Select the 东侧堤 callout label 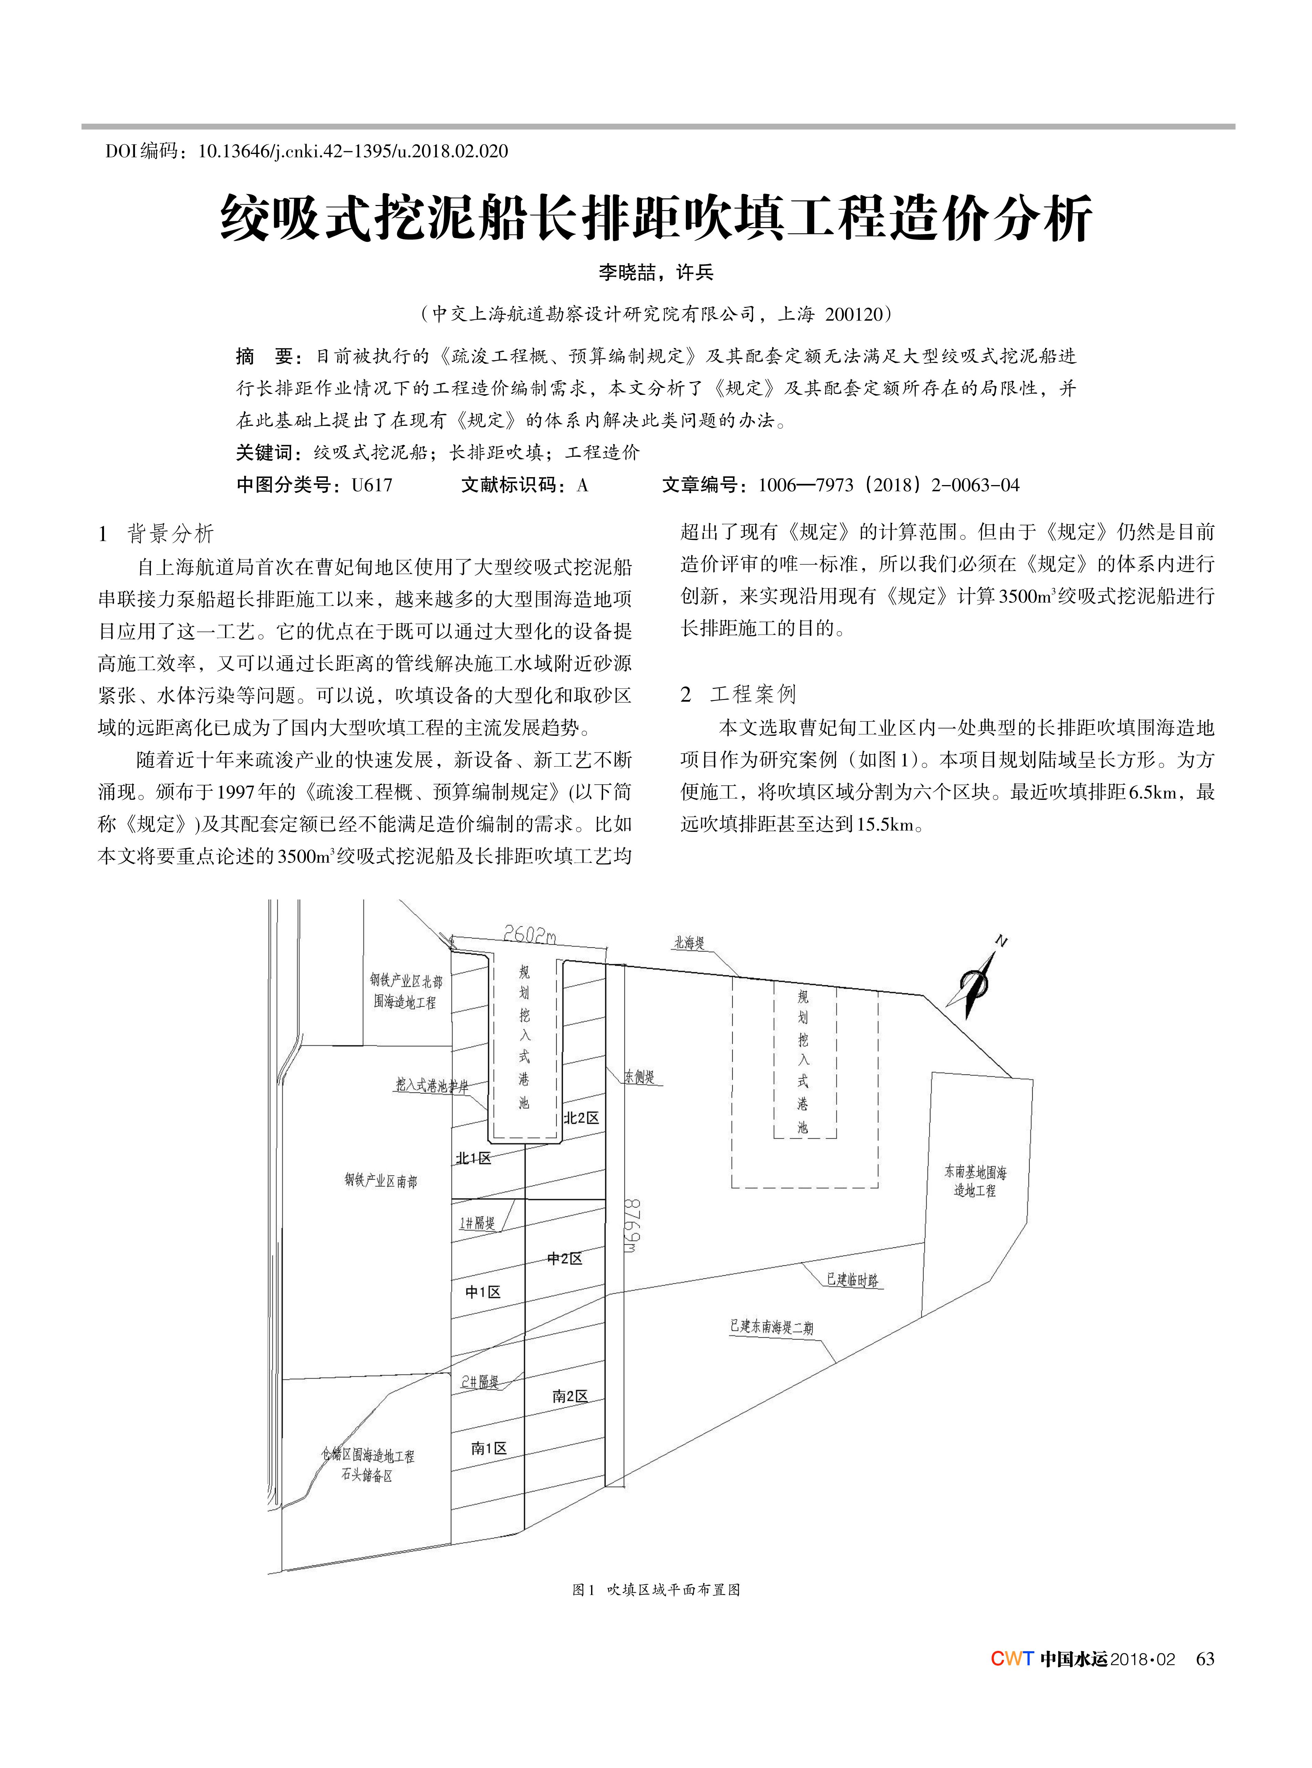(639, 1077)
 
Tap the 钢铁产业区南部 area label (380, 1181)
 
